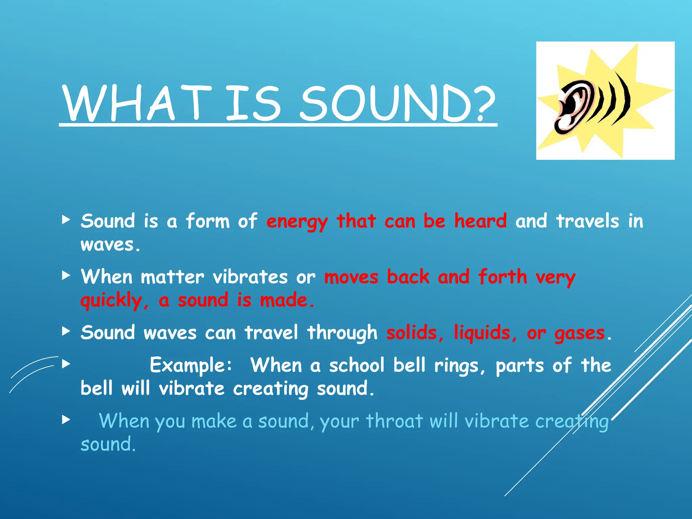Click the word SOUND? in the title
[398, 103]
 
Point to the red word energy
[297, 222]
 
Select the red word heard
[480, 221]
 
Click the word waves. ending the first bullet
[110, 245]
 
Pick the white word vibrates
[250, 277]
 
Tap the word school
[357, 365]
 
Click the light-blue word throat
[394, 421]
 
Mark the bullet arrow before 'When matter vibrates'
[66, 275]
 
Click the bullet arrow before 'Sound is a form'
[66, 220]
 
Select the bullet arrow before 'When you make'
[66, 420]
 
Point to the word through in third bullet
[342, 332]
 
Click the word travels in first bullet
[588, 221]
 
